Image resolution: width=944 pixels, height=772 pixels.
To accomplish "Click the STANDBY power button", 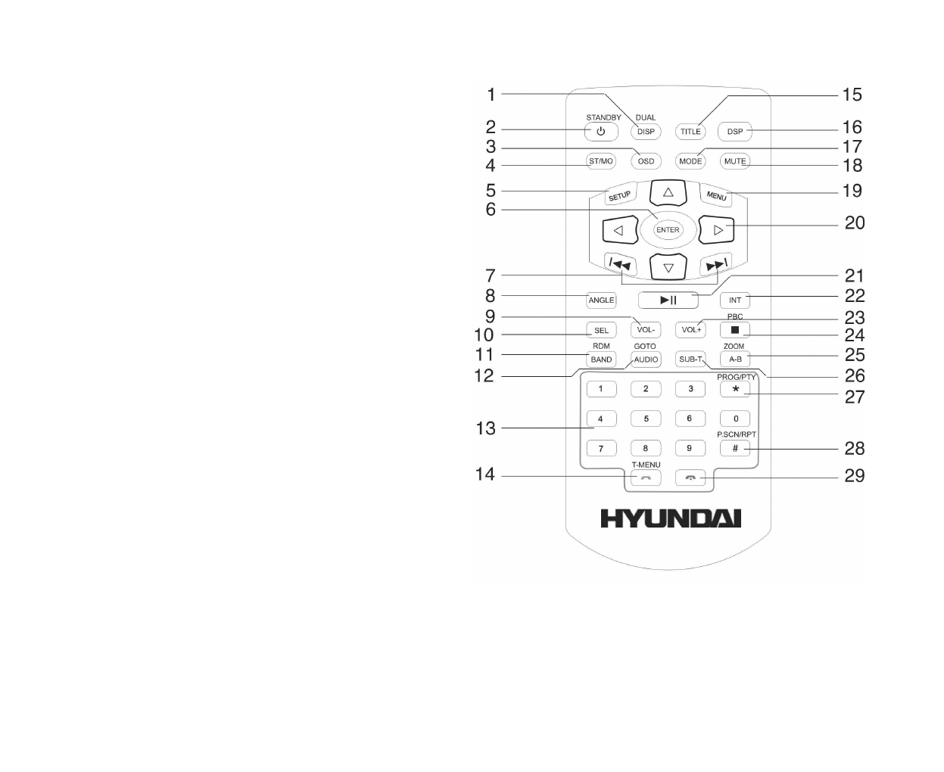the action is coord(600,132).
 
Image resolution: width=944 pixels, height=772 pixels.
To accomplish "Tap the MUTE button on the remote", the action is coord(735,161).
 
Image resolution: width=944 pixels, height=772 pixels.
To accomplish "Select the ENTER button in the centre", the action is coord(668,230).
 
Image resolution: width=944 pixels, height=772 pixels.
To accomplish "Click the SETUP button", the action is coord(619,196).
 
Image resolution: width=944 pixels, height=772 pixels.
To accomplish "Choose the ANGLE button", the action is coord(601,300).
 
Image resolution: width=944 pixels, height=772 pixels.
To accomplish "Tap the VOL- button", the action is coord(646,330).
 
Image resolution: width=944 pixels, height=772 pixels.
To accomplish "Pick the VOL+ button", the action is coord(690,330).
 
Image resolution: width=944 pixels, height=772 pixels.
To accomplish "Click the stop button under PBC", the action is coord(734,330).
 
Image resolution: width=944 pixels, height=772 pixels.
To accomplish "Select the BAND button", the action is coord(601,360).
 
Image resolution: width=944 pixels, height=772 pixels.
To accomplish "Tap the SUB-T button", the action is coord(690,360).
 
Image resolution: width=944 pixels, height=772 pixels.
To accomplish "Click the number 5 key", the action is coord(646,419).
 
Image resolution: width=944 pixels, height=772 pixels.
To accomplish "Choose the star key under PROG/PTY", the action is coord(735,389).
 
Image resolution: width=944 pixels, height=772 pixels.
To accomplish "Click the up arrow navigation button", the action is coord(668,193).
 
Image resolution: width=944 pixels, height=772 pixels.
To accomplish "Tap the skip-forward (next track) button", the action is coord(715,264).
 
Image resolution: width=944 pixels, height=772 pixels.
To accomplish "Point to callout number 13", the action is coord(485,428).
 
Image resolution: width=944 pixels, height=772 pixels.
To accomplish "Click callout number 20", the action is coord(855,223).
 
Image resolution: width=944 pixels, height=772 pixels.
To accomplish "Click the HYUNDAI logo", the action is coord(671,518).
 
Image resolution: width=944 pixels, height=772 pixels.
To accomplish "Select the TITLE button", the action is coord(690,132).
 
